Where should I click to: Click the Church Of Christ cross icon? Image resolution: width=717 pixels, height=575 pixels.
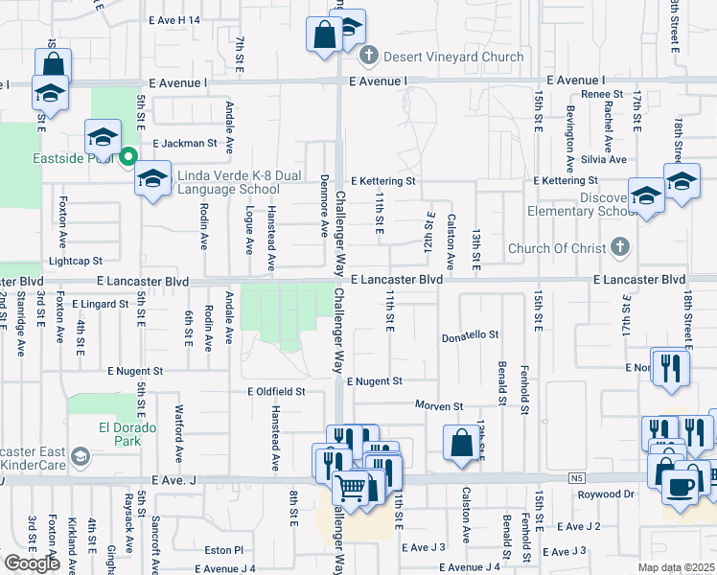(620, 248)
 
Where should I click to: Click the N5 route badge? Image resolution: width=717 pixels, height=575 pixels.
(575, 477)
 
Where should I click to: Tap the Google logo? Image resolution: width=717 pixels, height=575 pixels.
(33, 563)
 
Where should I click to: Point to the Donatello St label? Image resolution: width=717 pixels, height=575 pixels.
(471, 335)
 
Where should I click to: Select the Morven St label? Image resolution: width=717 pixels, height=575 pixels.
(438, 406)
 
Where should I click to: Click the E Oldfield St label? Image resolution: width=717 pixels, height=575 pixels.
(276, 391)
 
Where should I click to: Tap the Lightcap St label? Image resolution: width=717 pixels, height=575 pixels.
(76, 261)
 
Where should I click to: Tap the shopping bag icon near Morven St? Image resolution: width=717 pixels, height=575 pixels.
(461, 443)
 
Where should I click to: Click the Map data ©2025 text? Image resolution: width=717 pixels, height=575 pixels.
(676, 567)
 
